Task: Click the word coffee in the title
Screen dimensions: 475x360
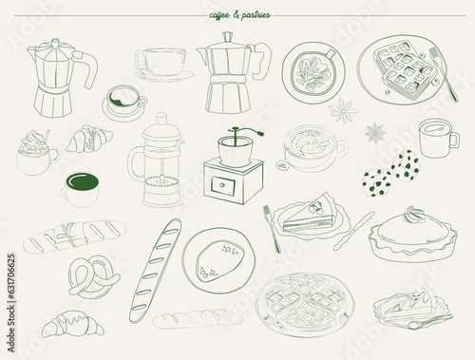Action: [219, 15]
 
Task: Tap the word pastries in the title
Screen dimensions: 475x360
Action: [256, 15]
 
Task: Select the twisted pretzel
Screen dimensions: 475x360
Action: [94, 277]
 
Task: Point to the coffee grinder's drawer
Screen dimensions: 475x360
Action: [223, 186]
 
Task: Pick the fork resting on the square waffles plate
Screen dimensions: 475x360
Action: [444, 74]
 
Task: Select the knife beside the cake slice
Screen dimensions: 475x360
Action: [354, 231]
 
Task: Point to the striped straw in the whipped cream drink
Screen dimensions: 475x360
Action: [47, 136]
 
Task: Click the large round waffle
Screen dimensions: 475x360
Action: [306, 304]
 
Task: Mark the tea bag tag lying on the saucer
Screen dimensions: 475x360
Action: [281, 164]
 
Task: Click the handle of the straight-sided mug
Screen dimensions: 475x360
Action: [454, 141]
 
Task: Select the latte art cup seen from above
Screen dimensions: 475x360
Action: [313, 72]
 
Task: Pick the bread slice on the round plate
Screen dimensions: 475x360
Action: [220, 260]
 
